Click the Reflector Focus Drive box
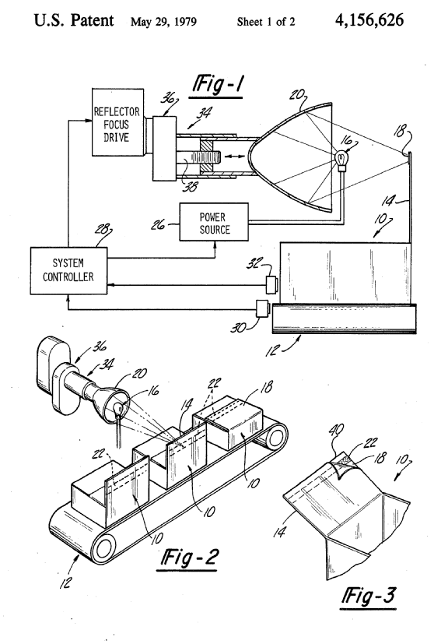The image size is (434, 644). point(117,122)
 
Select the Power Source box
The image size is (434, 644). point(214,222)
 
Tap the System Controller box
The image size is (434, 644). point(69,271)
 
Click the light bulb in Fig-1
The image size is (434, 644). point(342,160)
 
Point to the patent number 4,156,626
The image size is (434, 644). point(369,20)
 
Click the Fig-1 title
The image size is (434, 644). point(218,85)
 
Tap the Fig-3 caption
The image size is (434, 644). point(369,596)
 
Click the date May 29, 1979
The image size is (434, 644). point(163,22)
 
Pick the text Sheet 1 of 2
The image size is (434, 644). point(266,22)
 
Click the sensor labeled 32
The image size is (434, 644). point(271,286)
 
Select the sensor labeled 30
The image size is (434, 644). point(262,309)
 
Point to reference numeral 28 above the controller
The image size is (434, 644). point(103,229)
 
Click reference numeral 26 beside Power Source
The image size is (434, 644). point(159,225)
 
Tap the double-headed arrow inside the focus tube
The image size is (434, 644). point(235,157)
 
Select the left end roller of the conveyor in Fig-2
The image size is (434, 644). point(103,547)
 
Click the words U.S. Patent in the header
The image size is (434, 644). point(74,20)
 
